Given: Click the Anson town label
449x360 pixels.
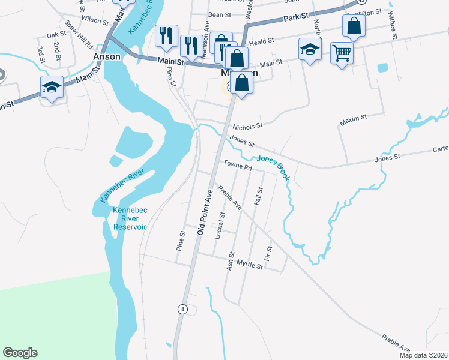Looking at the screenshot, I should point(107,56).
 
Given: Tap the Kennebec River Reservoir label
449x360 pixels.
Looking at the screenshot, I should point(130,218).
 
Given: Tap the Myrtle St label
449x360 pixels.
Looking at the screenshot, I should point(250,263).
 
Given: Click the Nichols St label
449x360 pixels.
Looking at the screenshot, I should point(248,126).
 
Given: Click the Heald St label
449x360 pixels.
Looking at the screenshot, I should point(262,41).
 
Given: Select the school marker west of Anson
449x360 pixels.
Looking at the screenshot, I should point(52,88).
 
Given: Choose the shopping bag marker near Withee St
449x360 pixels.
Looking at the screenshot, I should point(354,26).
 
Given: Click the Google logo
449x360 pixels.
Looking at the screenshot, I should point(20,353).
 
